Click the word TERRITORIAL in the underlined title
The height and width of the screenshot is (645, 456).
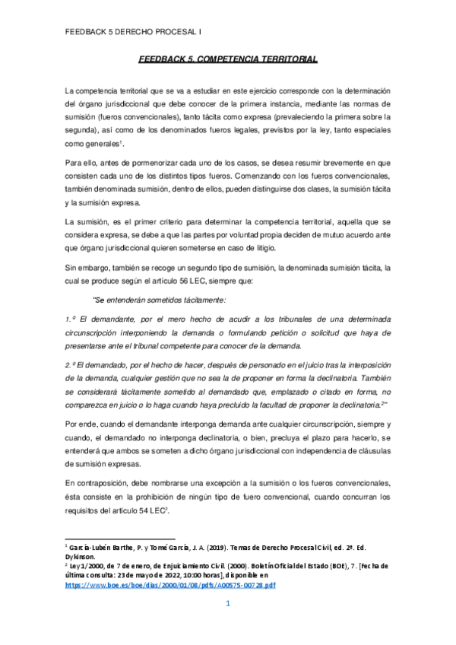coord(286,59)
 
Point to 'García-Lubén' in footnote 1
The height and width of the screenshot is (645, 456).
coord(92,547)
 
